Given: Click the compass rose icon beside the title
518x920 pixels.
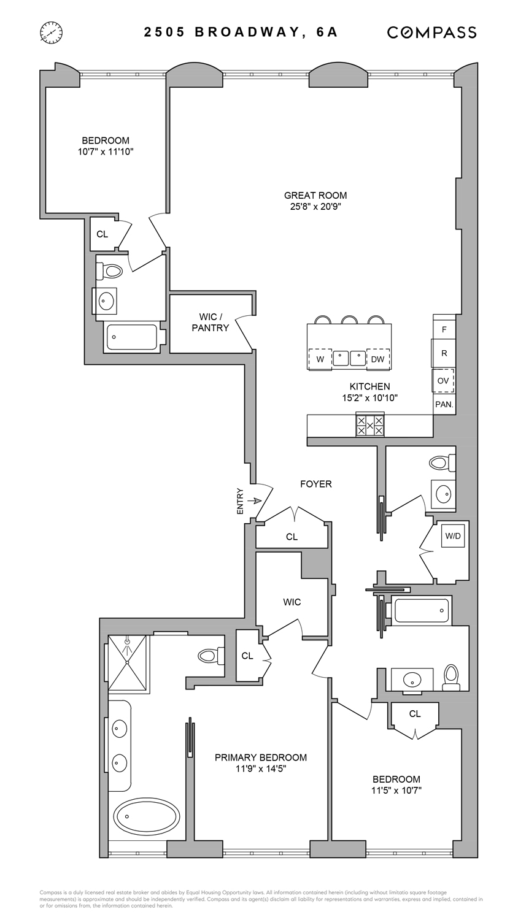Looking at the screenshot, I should coord(51,32).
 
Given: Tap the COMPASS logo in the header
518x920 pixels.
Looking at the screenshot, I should coord(431,33).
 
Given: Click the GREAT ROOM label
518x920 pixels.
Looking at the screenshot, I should coord(315,196).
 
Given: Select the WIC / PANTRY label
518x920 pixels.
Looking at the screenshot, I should coord(211,322).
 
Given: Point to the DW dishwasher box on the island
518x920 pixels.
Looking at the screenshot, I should coord(377,359).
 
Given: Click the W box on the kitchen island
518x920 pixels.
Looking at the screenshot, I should coord(320,359).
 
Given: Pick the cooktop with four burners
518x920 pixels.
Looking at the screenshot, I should coord(370,426).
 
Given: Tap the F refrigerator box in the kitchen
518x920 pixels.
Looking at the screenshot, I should coord(444,329).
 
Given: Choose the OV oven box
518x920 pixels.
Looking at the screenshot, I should coord(443,380).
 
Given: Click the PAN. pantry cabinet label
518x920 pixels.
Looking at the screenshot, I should coord(444,404).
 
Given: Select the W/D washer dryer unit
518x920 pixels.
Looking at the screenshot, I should coord(453,536).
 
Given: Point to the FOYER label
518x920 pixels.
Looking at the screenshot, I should coord(315,484).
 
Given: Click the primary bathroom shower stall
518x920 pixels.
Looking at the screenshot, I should coord(128,663).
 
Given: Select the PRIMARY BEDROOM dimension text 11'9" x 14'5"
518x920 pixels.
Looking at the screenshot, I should coord(260,769).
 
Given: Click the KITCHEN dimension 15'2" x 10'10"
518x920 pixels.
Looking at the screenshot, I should coord(369,397).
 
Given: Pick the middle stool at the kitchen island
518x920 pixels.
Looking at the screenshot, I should coord(350,320).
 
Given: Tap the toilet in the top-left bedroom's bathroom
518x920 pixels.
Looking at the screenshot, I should coord(113,270).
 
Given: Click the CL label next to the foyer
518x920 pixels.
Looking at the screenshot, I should coord(292,537).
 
